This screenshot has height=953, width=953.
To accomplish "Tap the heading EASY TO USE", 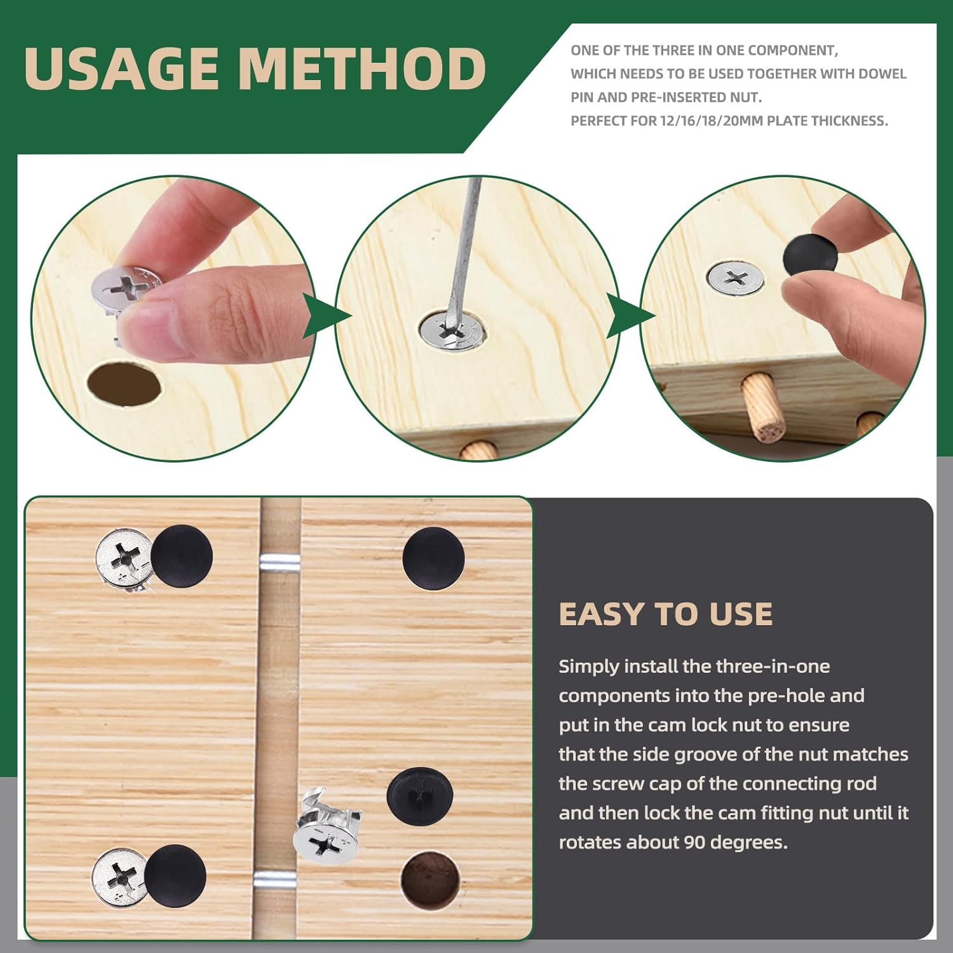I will click(665, 614).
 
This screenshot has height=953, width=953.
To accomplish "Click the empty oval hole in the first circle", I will click(123, 383).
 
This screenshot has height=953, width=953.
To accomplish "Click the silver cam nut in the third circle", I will click(736, 278).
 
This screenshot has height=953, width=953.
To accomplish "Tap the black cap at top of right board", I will click(433, 558).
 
